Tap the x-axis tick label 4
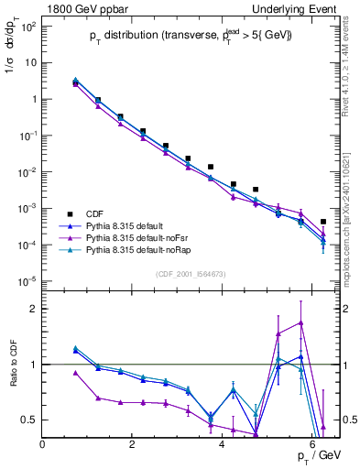[x=223, y=444]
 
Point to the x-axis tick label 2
[x=133, y=444]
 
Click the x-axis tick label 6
[x=312, y=444]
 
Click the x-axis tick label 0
[x=43, y=444]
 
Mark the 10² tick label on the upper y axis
[x=27, y=26]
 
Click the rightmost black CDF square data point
[x=323, y=222]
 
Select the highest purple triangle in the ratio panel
[x=300, y=322]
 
